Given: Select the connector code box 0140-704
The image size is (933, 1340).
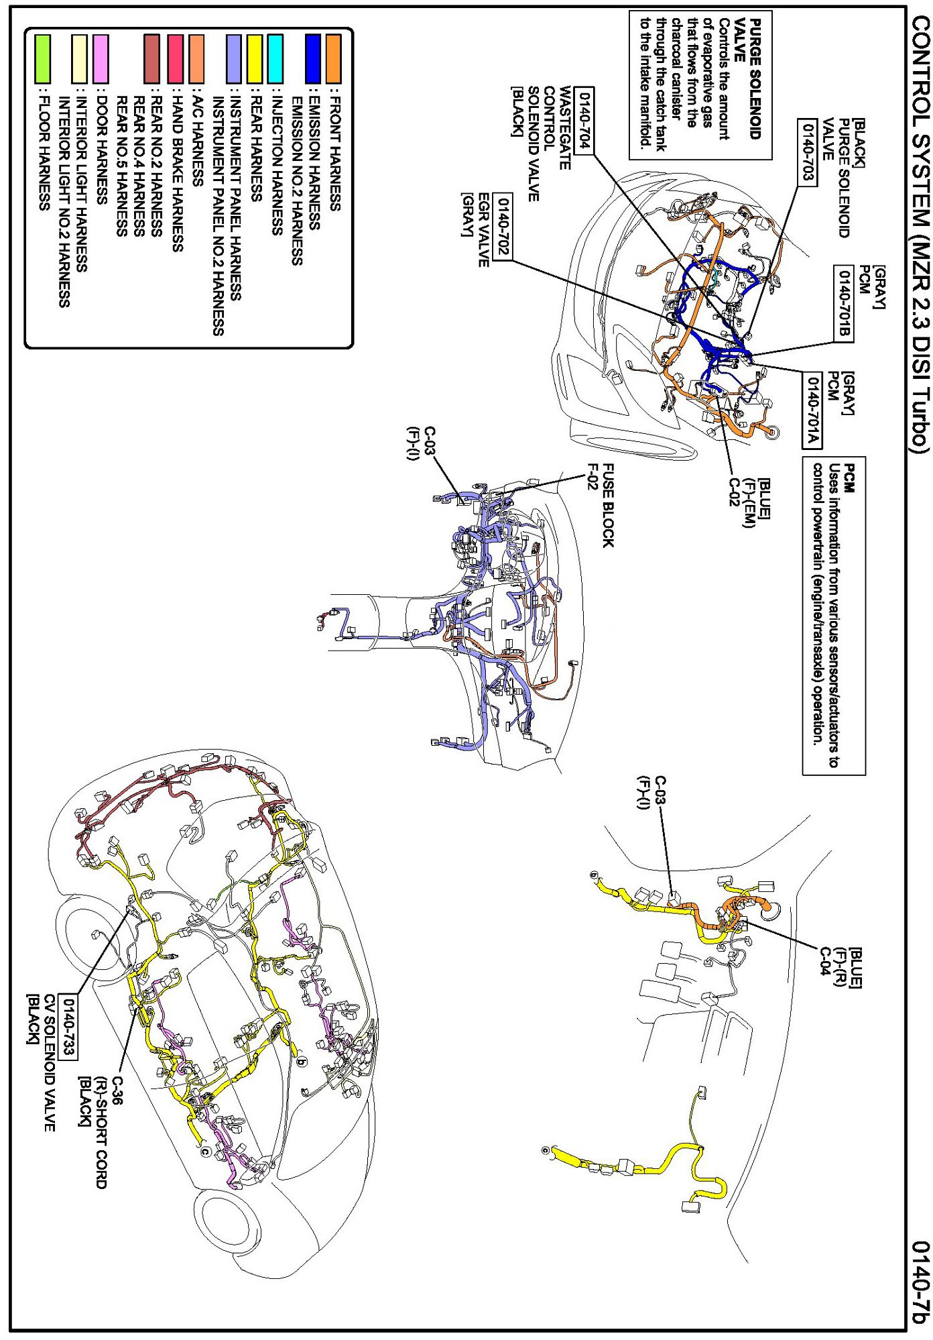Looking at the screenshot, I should click(584, 121).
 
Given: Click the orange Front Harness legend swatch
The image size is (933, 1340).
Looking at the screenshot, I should click(333, 59).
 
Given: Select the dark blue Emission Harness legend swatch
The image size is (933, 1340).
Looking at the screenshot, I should click(312, 59).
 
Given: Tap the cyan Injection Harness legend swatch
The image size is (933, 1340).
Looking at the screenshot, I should click(275, 59).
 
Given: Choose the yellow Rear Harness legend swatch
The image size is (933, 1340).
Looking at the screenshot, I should click(255, 59).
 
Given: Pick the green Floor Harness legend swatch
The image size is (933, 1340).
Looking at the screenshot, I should click(42, 59).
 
